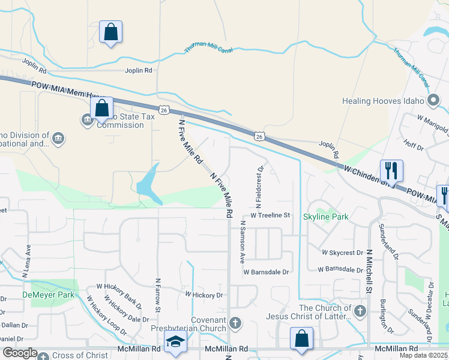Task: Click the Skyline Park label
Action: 327,216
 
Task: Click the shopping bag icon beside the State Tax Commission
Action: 102,109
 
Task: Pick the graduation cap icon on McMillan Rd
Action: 175,341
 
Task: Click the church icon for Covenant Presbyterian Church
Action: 235,323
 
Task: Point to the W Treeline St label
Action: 270,215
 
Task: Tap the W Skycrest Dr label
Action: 342,253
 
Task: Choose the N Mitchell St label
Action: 370,271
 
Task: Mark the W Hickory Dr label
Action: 203,295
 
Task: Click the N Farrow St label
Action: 158,294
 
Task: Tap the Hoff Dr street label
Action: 414,145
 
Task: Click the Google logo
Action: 20,353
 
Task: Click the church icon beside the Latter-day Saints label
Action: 360,311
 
